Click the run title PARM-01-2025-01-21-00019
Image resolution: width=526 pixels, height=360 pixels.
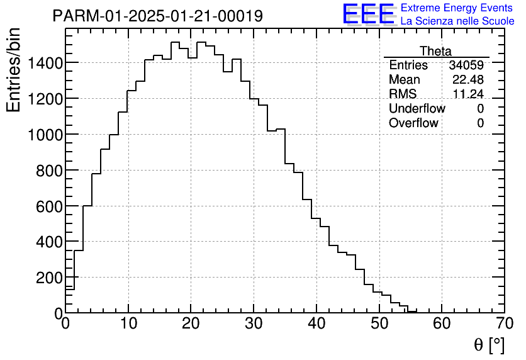[x=157, y=16]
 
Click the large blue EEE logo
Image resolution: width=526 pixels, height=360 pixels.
[x=368, y=14]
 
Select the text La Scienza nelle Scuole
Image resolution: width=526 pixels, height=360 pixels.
[x=457, y=21]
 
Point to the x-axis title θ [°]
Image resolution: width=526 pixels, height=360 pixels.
[x=489, y=345]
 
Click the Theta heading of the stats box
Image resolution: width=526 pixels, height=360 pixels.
[x=435, y=52]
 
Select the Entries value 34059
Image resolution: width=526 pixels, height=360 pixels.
[x=466, y=65]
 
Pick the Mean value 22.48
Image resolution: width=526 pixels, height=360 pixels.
[x=468, y=80]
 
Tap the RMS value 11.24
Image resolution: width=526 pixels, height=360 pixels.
[x=468, y=94]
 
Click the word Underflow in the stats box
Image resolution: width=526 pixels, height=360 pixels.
[x=417, y=109]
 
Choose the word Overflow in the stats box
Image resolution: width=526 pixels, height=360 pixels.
[x=413, y=123]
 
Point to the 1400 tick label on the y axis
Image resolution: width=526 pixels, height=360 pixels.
[x=45, y=63]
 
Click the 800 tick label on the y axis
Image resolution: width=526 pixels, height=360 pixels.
[x=48, y=171]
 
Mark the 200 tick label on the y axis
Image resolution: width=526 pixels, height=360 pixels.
[x=48, y=278]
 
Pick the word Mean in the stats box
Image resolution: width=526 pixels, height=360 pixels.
[x=404, y=80]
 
